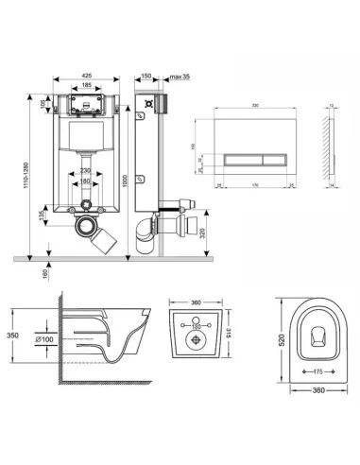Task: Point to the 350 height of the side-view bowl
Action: (x=11, y=334)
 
